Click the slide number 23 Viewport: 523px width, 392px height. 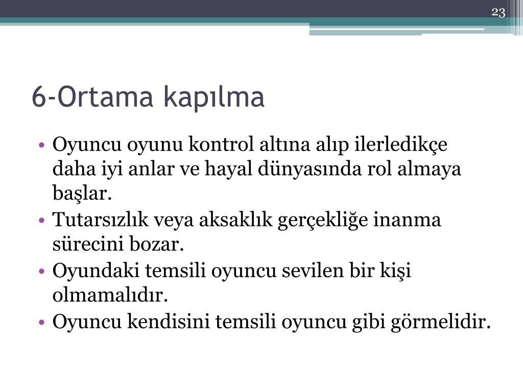498,13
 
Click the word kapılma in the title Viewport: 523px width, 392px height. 214,97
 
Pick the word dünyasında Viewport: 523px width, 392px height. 310,168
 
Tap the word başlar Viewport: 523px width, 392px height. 82,193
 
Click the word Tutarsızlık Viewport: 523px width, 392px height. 101,219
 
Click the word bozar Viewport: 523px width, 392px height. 156,244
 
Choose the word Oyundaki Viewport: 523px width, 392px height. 96,271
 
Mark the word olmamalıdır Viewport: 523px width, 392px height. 110,296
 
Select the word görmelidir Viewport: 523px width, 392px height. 441,323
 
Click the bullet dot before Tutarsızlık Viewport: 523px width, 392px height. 42,220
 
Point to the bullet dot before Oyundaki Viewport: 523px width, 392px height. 42,271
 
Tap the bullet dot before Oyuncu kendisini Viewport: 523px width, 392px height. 42,322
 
